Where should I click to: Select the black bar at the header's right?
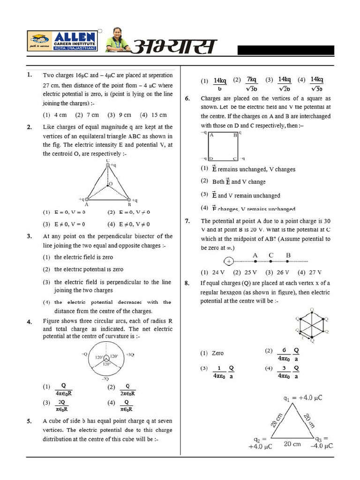click(285, 51)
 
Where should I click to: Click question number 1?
click(29, 75)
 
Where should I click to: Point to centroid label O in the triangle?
click(111, 184)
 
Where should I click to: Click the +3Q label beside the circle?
click(130, 355)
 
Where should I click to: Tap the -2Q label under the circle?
click(105, 378)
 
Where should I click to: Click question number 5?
click(29, 421)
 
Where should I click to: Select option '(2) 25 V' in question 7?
click(245, 272)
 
